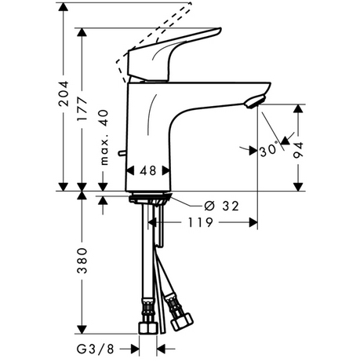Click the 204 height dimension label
click(64, 93)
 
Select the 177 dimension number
click(82, 109)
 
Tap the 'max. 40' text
click(104, 137)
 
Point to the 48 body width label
click(148, 170)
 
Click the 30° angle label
click(269, 150)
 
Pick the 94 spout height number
click(298, 150)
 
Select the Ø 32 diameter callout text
click(221, 206)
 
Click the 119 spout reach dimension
click(201, 223)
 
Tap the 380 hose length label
click(82, 261)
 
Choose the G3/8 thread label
click(96, 349)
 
